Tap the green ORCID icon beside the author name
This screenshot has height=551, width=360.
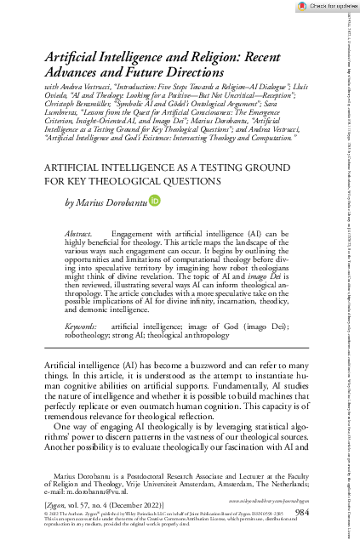point(154,201)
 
